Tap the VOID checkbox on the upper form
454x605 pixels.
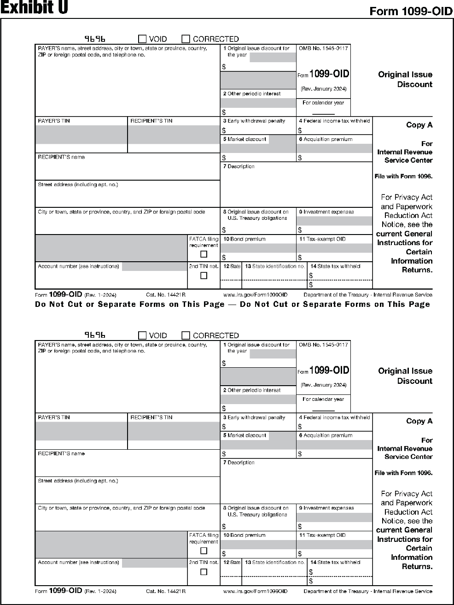point(143,39)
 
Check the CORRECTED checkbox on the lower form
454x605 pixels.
point(186,335)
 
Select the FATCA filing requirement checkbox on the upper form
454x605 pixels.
point(204,254)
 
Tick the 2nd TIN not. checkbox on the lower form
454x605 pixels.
point(204,572)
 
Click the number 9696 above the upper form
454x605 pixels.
point(95,39)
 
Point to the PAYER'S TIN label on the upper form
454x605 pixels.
point(54,121)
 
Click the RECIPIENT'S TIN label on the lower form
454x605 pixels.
point(151,417)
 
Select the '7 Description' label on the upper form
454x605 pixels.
point(239,166)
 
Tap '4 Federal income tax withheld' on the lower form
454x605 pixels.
point(334,417)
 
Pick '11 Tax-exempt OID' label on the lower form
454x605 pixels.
point(322,535)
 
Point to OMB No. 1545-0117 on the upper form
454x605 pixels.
point(323,48)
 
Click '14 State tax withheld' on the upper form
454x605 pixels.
point(335,266)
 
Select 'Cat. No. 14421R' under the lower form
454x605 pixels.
point(166,591)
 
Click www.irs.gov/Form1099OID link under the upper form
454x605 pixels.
point(255,295)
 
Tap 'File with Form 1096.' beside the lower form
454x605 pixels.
point(403,473)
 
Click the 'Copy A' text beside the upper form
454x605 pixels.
point(419,125)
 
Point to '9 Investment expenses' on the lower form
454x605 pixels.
point(326,508)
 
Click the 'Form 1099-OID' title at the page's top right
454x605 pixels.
point(411,12)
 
